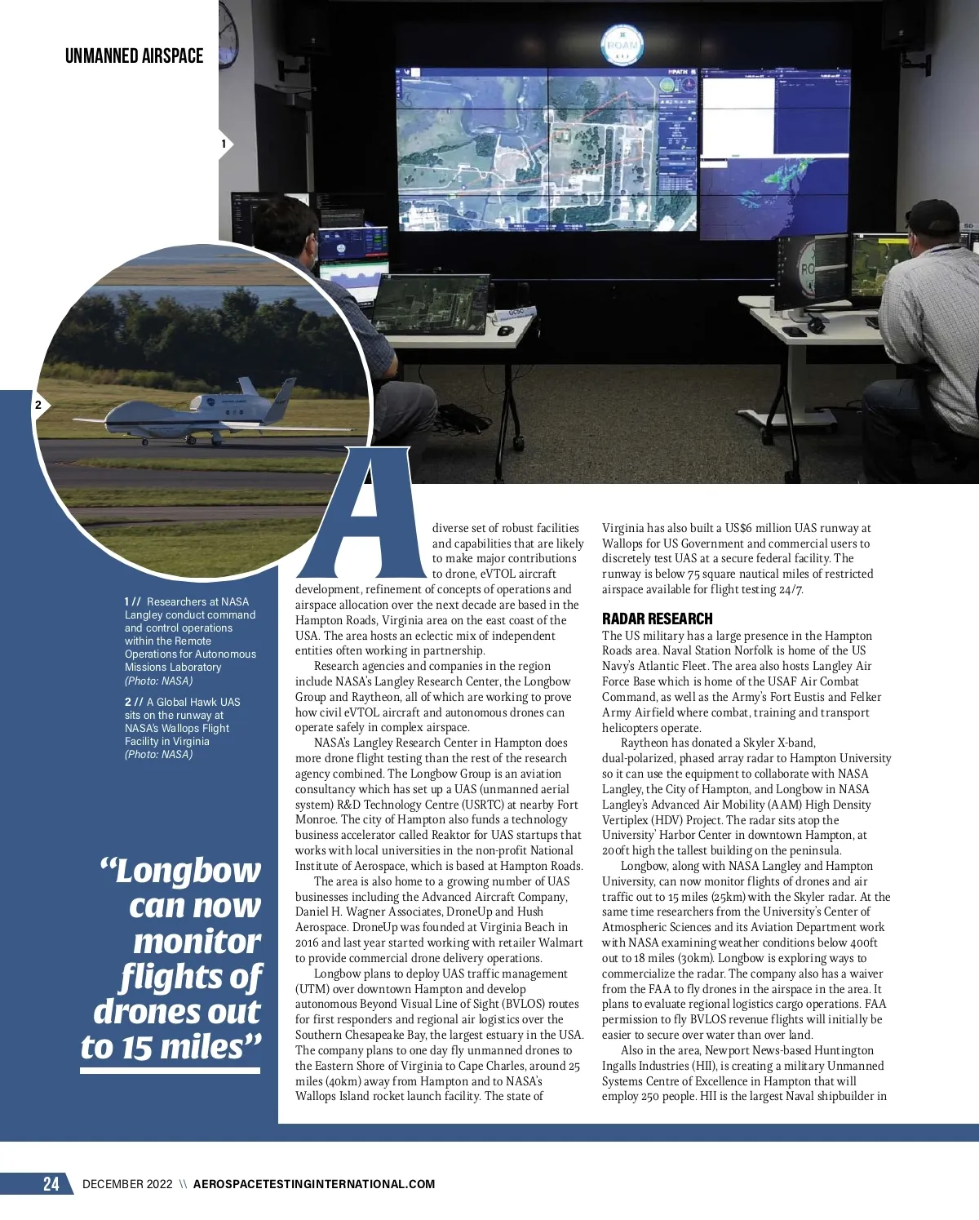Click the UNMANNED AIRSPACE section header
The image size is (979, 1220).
tap(134, 56)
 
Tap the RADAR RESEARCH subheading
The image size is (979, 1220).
tap(657, 619)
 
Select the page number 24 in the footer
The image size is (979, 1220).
tap(51, 1183)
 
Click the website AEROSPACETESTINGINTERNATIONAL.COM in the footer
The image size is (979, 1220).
tap(314, 1184)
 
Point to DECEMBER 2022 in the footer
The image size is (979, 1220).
tap(127, 1184)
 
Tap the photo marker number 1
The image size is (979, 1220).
tap(224, 144)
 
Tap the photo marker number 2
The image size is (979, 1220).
tap(38, 405)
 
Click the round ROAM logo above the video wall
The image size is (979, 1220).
tap(621, 45)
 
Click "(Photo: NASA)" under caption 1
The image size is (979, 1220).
tap(158, 681)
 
